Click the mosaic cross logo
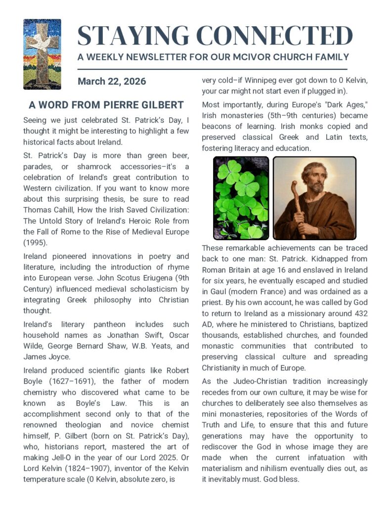coord(42,54)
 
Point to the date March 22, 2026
coord(112,81)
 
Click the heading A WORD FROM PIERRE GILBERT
coord(106,105)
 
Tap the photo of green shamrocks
coord(241,198)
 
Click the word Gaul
coord(220,280)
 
